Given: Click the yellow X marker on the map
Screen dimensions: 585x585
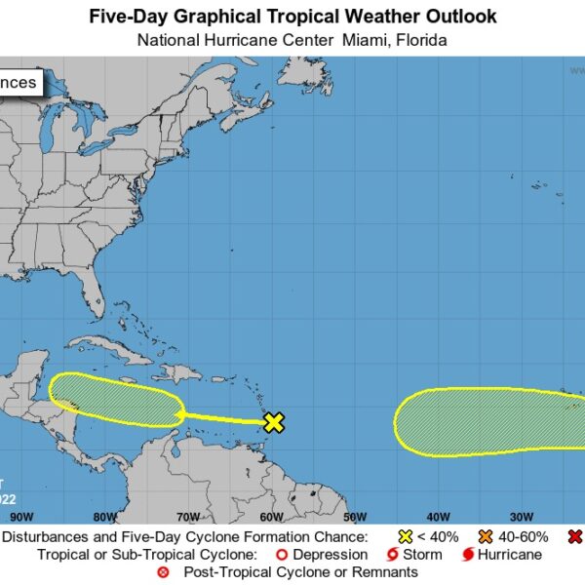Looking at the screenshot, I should coord(274,422).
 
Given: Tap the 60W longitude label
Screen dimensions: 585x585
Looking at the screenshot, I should coord(272,517).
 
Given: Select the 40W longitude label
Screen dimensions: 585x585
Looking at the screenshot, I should coord(438,517).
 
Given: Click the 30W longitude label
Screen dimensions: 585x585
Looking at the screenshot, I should coord(522,517).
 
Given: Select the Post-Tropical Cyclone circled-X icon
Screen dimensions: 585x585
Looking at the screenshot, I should coord(163,572).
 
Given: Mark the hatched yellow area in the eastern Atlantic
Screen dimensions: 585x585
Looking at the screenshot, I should coord(487,422).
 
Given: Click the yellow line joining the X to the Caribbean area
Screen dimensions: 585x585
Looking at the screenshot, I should coord(224,418).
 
